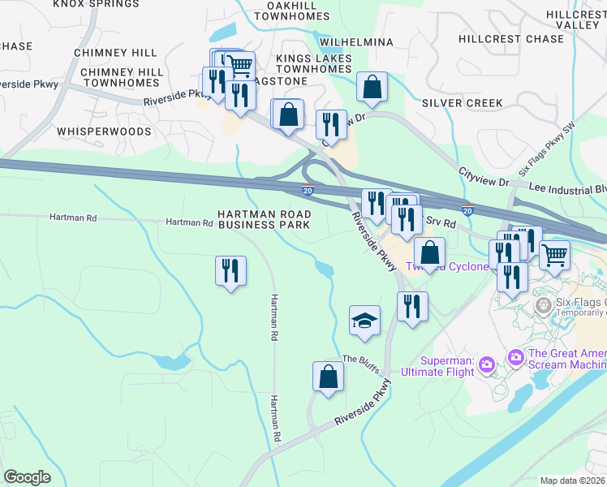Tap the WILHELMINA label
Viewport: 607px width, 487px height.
(x=356, y=42)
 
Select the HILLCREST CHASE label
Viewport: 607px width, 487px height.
(x=510, y=39)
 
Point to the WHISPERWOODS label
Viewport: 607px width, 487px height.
(x=104, y=131)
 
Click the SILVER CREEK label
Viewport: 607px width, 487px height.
(x=462, y=103)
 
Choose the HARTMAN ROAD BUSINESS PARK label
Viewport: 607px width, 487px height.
(x=265, y=219)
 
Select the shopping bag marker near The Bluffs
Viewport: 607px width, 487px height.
(x=328, y=377)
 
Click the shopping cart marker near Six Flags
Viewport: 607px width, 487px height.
(x=554, y=254)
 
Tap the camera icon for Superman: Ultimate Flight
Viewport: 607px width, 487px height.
(x=487, y=362)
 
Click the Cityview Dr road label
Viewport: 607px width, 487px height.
(x=483, y=174)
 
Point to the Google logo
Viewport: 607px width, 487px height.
(x=27, y=477)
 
